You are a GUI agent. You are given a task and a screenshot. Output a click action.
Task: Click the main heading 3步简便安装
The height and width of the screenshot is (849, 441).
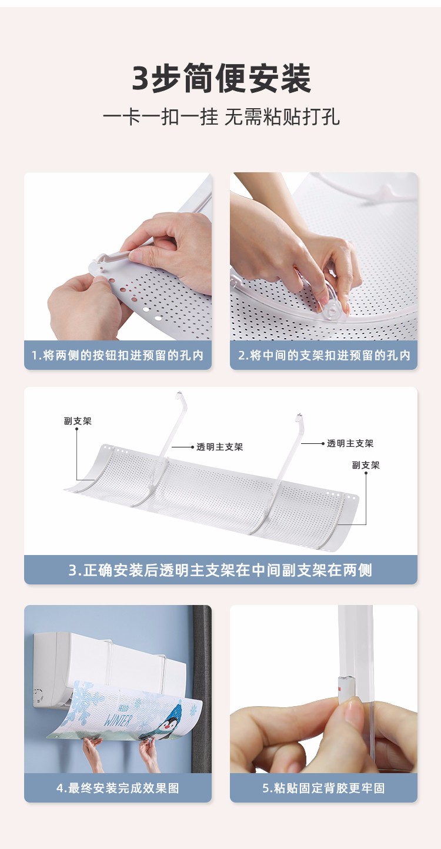click(x=222, y=78)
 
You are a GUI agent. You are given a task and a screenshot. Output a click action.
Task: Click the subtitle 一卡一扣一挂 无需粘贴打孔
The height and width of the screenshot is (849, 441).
click(x=222, y=116)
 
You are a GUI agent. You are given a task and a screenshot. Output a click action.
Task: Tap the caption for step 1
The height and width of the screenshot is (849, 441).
click(x=118, y=355)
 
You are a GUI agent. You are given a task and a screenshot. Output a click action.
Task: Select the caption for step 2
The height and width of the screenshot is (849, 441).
click(x=324, y=355)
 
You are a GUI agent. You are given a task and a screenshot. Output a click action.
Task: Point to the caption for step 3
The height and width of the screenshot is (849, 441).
click(x=220, y=570)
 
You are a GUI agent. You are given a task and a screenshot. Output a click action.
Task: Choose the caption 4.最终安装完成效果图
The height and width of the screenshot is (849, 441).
click(x=118, y=788)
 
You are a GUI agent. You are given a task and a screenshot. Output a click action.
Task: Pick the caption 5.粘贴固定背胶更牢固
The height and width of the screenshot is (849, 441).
click(x=324, y=788)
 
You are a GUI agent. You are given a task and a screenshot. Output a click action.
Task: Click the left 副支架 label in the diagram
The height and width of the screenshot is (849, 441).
click(x=78, y=421)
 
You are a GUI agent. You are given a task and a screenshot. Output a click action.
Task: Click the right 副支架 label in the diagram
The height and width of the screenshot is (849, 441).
click(x=366, y=465)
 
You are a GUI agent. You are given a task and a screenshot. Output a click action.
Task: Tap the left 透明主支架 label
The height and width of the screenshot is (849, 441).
click(x=219, y=447)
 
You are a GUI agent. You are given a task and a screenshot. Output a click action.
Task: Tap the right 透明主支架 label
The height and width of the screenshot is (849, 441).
click(x=350, y=443)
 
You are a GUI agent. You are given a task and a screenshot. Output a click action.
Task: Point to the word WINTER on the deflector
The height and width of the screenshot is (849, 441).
click(x=118, y=720)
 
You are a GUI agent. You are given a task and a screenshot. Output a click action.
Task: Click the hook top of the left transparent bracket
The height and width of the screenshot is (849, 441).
click(x=179, y=396)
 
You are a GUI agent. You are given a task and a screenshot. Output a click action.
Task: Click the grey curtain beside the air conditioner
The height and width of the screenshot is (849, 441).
click(x=202, y=687)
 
